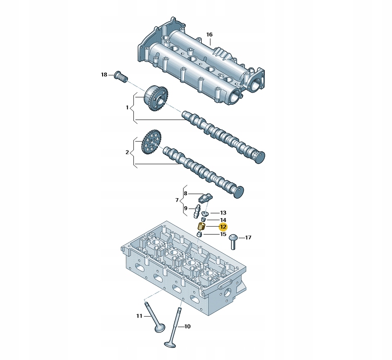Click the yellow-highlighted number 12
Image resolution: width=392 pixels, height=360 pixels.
click(223, 227)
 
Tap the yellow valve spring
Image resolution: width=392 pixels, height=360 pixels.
click(202, 226)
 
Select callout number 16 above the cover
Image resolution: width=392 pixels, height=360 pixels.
click(209, 35)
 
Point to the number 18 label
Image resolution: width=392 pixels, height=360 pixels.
click(104, 74)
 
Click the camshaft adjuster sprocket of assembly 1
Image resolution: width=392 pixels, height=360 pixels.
click(156, 98)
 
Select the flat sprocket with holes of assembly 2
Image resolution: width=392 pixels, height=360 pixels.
click(151, 142)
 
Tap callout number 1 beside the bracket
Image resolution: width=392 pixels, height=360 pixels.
click(127, 107)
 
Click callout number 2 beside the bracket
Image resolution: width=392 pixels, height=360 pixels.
click(127, 152)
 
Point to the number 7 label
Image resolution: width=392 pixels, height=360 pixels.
click(177, 200)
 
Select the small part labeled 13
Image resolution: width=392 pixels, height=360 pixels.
click(205, 214)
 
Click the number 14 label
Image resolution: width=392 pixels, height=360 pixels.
click(223, 220)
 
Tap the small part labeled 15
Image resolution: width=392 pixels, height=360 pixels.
click(199, 235)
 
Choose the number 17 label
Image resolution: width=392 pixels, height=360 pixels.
click(248, 237)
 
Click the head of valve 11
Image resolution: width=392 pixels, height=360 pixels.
click(160, 328)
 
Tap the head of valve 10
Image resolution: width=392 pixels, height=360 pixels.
click(170, 344)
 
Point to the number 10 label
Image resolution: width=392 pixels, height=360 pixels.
click(187, 326)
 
